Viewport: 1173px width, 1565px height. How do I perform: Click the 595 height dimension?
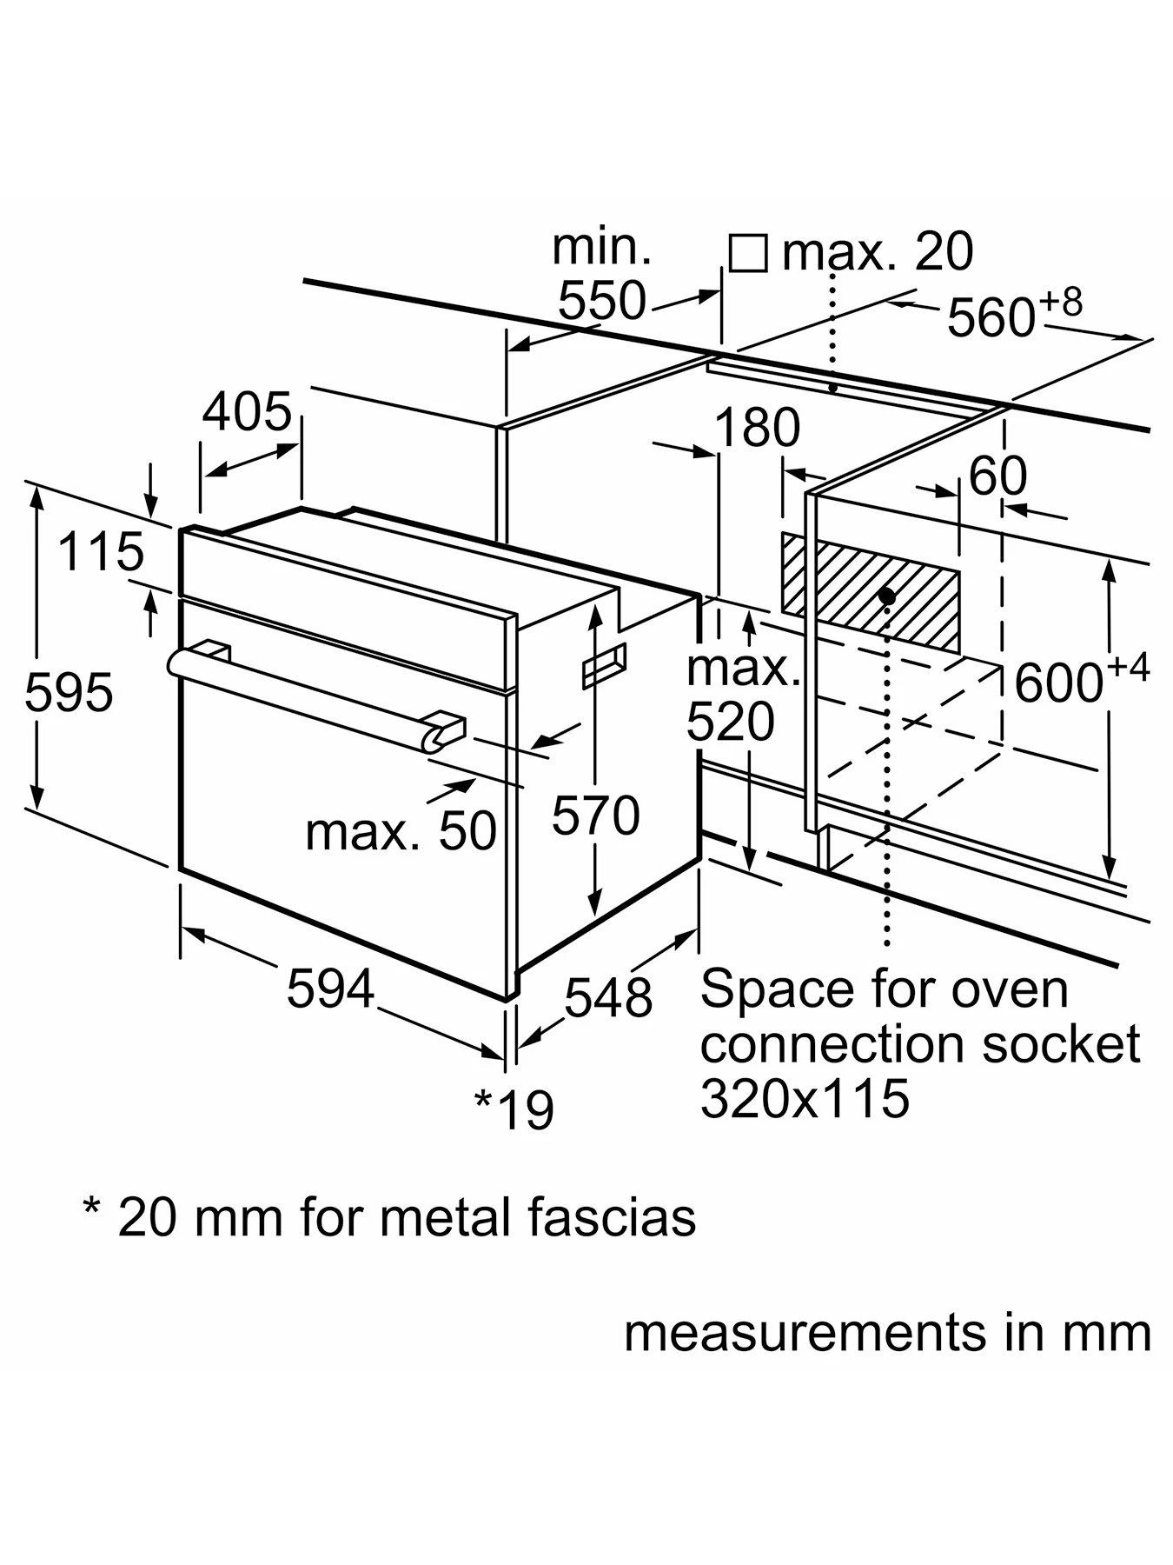70,693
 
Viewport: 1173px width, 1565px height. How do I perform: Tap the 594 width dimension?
330,989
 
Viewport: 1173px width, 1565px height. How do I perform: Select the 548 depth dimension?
608,996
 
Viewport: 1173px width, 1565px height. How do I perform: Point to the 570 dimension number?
596,816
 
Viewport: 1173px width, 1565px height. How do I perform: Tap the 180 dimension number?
758,428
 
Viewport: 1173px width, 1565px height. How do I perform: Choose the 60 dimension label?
997,476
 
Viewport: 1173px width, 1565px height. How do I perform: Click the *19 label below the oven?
514,1109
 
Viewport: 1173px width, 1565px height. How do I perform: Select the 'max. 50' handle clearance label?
401,831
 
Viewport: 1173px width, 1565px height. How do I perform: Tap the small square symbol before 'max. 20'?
747,253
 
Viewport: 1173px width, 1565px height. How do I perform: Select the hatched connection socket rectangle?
869,591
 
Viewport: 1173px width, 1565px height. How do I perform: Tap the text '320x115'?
805,1098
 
